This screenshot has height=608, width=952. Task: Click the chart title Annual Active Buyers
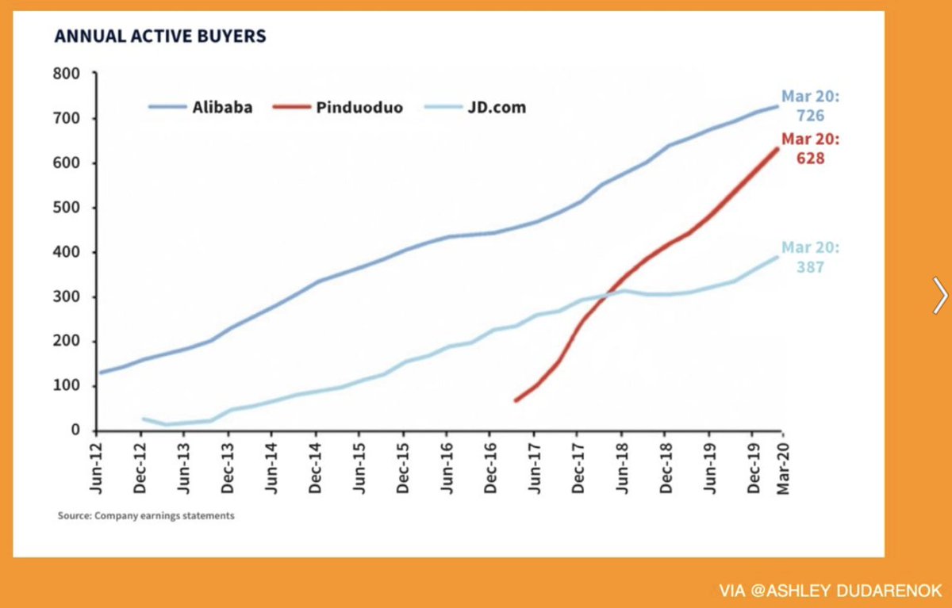[x=159, y=36]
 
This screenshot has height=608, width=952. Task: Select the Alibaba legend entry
[x=201, y=107]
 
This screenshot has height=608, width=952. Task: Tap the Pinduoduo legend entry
[x=338, y=107]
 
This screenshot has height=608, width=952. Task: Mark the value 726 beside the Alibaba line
[x=811, y=116]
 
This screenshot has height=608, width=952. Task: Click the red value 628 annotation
[x=811, y=159]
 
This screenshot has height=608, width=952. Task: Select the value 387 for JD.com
[x=811, y=267]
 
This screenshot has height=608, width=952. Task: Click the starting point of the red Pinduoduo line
[x=516, y=400]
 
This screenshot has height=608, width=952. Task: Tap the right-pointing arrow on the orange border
[x=939, y=296]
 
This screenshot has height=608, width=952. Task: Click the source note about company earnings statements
[x=146, y=516]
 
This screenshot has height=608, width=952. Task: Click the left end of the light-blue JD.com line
[x=143, y=418]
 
